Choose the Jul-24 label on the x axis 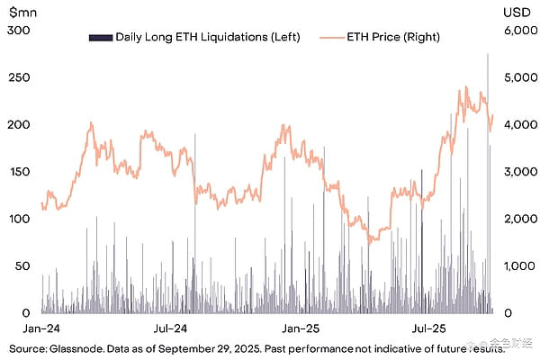[170, 328]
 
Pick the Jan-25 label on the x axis [298, 328]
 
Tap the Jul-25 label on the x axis [425, 328]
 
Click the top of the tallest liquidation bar [488, 53]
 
